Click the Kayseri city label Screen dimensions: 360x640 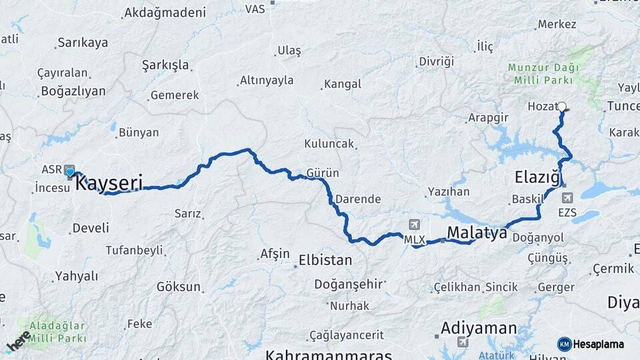(109, 182)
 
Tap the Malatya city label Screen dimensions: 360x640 (477, 232)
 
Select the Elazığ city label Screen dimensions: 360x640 (537, 177)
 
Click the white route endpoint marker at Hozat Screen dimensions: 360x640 (562, 106)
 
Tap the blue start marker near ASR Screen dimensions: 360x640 (70, 172)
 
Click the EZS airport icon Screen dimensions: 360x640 (567, 198)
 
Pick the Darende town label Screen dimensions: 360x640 (358, 199)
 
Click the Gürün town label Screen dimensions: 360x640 (323, 173)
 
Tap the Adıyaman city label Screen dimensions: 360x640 (479, 328)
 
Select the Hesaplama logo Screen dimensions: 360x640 (591, 344)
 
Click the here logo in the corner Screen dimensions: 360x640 (19, 341)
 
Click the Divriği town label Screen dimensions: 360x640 (436, 61)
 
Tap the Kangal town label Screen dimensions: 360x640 (342, 84)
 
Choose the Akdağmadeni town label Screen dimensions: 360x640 (165, 12)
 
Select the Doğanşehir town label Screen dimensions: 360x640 (349, 284)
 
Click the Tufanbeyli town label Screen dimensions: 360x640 (134, 250)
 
